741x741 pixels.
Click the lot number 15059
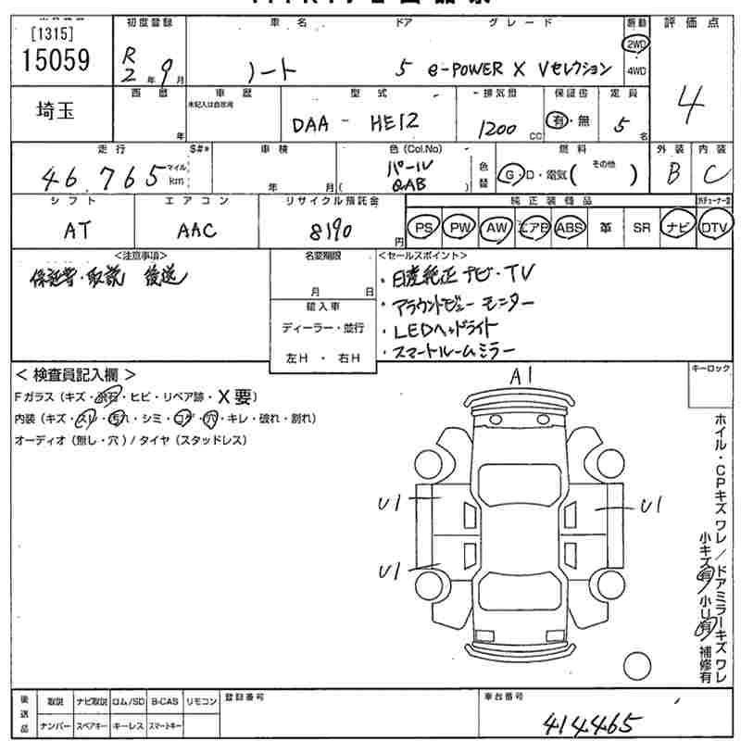(57, 60)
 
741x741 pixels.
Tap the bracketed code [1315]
(54, 32)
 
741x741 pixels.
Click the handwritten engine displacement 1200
(497, 128)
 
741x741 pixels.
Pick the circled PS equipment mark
(424, 227)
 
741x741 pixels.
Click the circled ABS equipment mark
(572, 227)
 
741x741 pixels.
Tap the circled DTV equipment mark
(714, 227)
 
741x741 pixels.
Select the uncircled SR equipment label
(640, 227)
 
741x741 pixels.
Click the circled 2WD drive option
(637, 44)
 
